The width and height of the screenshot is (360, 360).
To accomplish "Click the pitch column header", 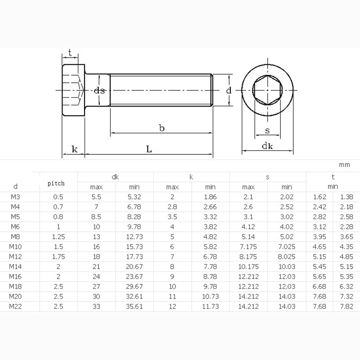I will [56, 183].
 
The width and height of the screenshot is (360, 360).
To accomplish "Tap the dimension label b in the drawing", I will [162, 128].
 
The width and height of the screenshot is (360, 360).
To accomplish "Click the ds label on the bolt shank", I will [99, 90].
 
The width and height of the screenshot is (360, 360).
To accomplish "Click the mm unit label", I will [344, 165].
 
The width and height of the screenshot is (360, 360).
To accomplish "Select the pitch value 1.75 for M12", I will [58, 256].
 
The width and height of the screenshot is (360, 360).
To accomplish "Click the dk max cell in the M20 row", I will [96, 297].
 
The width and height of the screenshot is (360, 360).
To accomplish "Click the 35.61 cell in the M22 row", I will [134, 306].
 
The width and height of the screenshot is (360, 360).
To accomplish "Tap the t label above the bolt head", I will [70, 53].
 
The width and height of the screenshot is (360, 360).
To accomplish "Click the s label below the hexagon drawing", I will [267, 131].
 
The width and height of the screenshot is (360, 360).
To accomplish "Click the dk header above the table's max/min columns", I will [115, 177].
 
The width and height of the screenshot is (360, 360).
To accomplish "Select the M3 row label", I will [15, 197].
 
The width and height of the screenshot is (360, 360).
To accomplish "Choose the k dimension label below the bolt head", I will [74, 149].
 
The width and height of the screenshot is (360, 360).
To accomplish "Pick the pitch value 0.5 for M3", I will [58, 197].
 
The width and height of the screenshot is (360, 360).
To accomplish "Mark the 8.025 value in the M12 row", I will [287, 256].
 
